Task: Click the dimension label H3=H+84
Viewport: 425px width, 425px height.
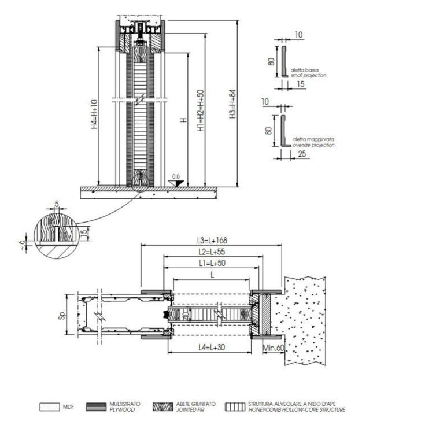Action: [232, 105]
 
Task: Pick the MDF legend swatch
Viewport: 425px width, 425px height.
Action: [49, 407]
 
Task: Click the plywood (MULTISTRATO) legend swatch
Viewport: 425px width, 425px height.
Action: [96, 407]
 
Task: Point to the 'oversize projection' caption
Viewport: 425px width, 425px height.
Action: [313, 145]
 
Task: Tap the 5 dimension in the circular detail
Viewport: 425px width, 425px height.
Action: [56, 204]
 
